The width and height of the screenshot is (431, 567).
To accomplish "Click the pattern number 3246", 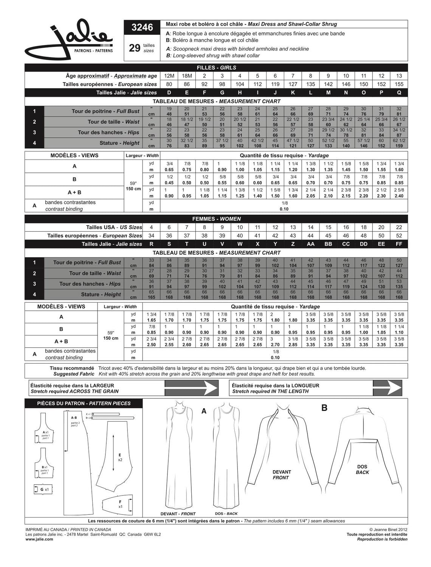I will (x=142, y=28).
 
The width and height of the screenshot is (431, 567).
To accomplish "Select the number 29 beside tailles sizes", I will (x=135, y=48).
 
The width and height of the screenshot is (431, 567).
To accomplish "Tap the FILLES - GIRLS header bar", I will (x=216, y=68).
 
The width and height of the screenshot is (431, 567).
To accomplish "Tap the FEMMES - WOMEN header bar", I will (x=216, y=219).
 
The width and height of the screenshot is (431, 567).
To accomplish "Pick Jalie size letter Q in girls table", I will (x=399, y=93).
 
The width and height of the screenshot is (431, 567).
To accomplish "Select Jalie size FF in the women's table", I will (x=399, y=244).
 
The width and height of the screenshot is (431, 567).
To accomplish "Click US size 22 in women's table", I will (x=399, y=228).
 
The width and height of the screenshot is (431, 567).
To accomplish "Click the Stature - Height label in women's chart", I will (x=101, y=294).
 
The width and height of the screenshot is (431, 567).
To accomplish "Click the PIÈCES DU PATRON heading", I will (x=84, y=403).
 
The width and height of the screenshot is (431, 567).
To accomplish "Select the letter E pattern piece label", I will (x=119, y=455).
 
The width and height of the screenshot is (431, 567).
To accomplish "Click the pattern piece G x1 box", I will (x=44, y=490).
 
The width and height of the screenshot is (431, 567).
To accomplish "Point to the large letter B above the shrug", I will (x=324, y=408).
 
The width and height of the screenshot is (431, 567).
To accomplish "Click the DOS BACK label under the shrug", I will (x=362, y=469).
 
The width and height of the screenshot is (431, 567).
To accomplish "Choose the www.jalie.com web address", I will (x=39, y=539).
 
